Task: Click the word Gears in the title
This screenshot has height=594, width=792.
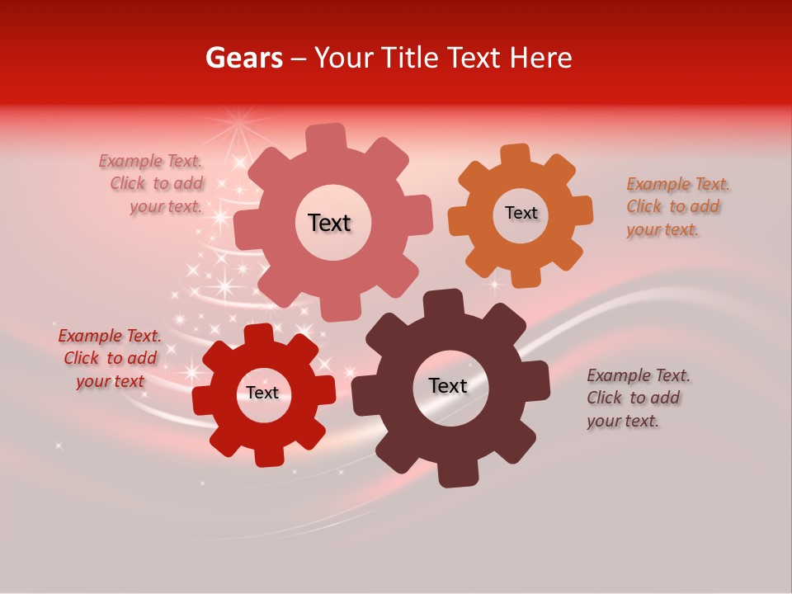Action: coord(243,58)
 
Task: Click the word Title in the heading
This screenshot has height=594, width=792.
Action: coord(411,58)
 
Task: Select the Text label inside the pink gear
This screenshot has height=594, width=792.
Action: coord(329,223)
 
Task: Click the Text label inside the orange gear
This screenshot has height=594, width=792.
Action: coord(521,213)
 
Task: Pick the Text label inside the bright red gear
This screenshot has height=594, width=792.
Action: coord(262,393)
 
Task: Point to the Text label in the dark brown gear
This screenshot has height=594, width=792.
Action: coord(448,385)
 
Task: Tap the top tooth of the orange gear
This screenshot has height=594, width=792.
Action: coord(515,156)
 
